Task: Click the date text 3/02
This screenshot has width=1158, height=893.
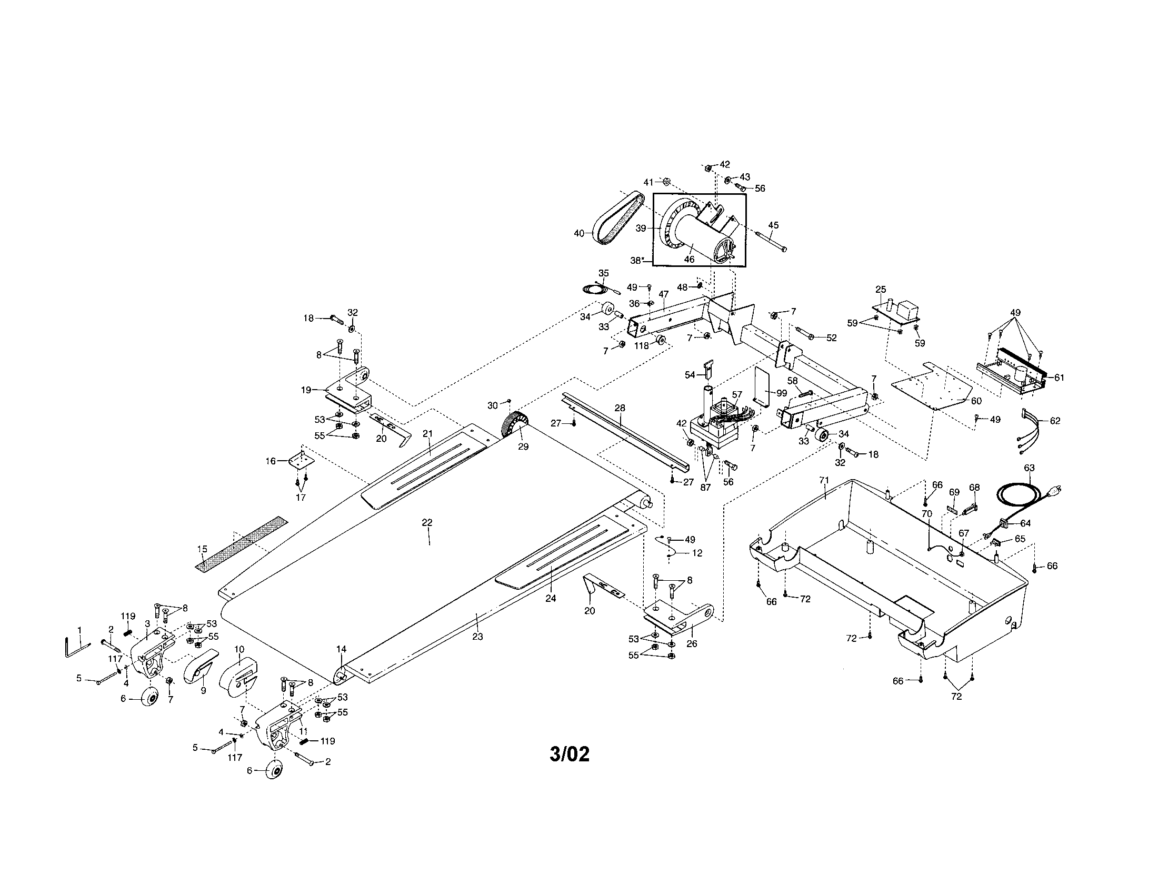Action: click(570, 753)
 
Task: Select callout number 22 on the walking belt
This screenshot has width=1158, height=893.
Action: click(427, 522)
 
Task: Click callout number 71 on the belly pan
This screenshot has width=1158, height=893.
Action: click(823, 480)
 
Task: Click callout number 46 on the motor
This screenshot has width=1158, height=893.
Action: click(689, 259)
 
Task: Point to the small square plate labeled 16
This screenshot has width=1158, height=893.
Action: click(300, 461)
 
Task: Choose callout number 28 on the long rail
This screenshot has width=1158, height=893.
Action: click(620, 408)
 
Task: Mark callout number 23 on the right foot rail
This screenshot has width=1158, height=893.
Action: click(477, 637)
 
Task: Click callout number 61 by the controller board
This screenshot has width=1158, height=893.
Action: click(1059, 378)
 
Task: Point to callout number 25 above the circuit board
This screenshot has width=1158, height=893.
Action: click(881, 289)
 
